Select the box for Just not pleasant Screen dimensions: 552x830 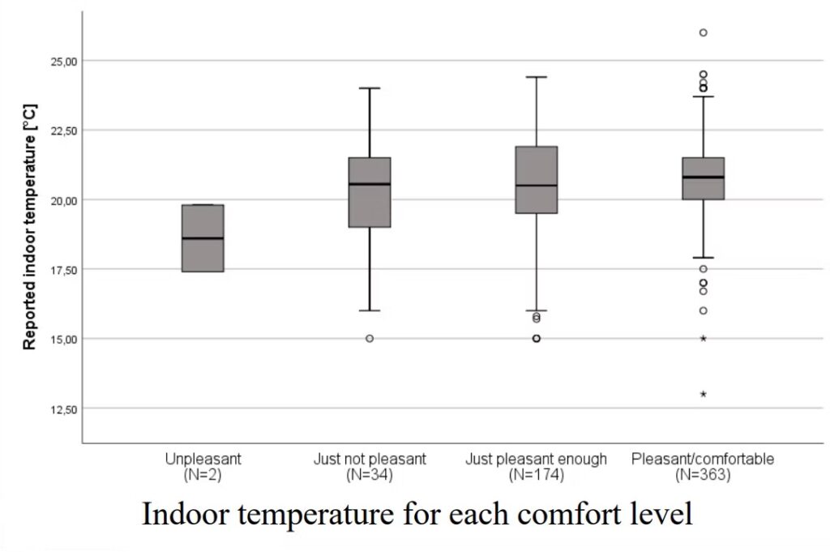[x=370, y=192]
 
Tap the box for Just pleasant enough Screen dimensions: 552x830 [x=537, y=180]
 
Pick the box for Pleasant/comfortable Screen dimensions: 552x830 [x=703, y=178]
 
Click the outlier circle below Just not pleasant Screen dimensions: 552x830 [x=370, y=338]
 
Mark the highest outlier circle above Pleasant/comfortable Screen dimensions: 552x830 [x=704, y=32]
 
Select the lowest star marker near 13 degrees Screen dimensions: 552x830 [x=704, y=394]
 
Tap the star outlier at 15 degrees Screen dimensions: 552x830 [x=704, y=338]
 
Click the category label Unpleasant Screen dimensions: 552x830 [x=203, y=459]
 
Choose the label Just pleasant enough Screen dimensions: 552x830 [x=536, y=459]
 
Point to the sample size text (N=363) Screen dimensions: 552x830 [x=703, y=475]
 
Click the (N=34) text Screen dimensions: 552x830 [x=370, y=475]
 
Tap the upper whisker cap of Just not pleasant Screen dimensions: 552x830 [x=370, y=88]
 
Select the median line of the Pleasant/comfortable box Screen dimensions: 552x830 [x=703, y=177]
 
